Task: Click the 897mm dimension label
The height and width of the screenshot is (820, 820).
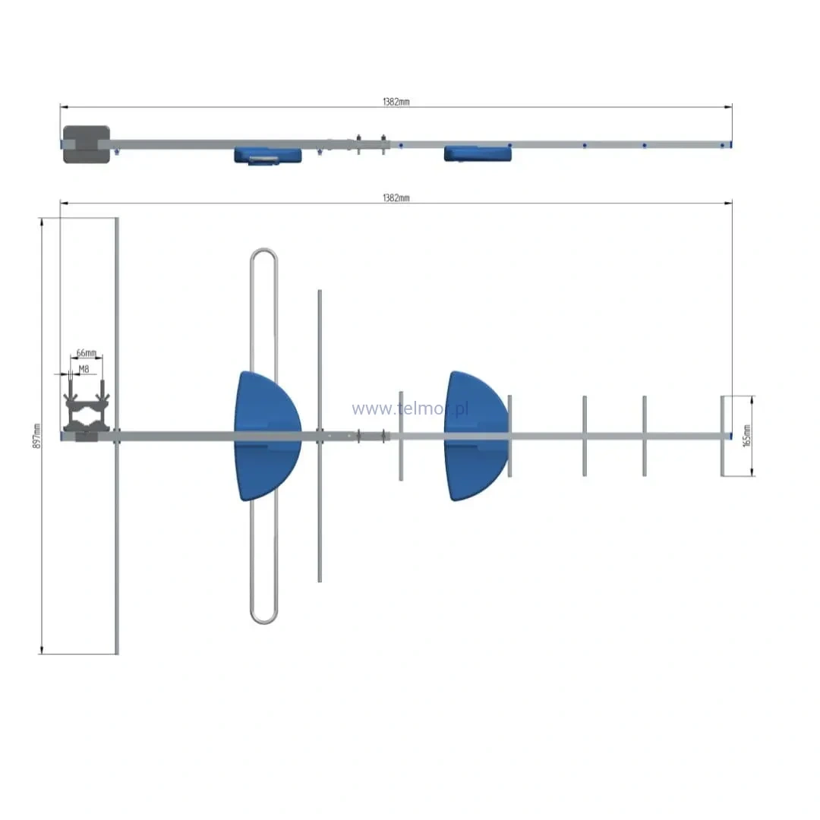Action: [x=36, y=436]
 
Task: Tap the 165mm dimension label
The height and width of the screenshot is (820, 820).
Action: [x=747, y=436]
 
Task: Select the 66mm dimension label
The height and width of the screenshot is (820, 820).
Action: [x=87, y=353]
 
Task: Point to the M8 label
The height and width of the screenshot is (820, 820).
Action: [x=84, y=369]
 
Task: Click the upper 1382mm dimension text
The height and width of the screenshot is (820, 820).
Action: [x=396, y=102]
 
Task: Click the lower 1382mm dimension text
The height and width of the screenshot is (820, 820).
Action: [x=396, y=197]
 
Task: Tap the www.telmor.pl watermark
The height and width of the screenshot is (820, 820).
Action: [x=410, y=408]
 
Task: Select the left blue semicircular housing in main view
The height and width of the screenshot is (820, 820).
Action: [x=266, y=436]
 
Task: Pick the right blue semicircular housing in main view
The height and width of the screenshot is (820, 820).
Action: [x=476, y=436]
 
